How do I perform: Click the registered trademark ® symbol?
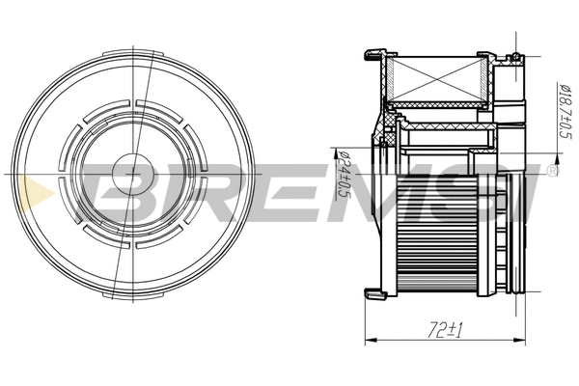click(551, 172)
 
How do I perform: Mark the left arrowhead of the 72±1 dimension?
click(369, 341)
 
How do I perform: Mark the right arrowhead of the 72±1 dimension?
click(527, 341)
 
